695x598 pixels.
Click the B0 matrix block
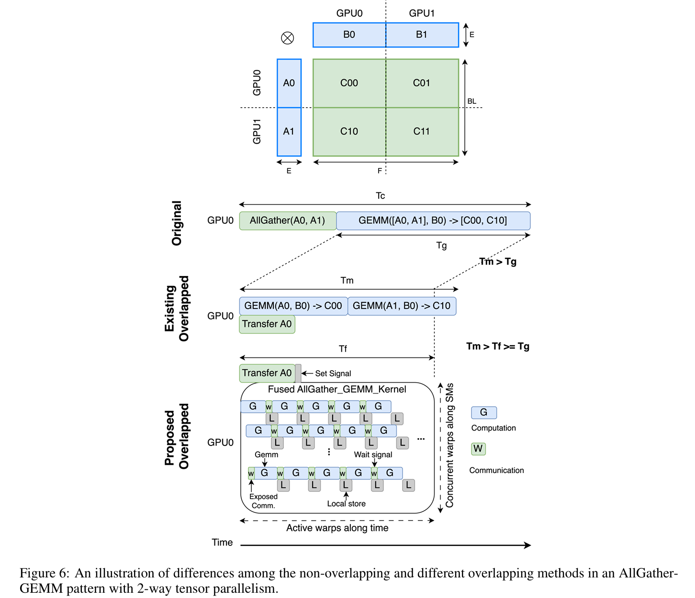point(349,34)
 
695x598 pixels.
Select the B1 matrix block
point(422,34)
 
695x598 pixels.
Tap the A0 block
point(289,83)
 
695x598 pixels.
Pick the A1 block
point(289,132)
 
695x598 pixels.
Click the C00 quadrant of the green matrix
point(349,83)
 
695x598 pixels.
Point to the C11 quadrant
point(422,132)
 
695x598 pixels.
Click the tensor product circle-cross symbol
point(288,38)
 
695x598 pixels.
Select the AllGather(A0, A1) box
point(287,221)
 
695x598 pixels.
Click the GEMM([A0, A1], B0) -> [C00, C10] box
point(433,221)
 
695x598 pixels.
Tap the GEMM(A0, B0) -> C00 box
point(293,306)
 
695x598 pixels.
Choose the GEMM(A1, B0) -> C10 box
point(402,306)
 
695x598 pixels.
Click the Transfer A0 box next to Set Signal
point(267,373)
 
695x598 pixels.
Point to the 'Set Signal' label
point(333,374)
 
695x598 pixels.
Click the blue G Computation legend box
point(483,412)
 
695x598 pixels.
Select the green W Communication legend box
point(478,449)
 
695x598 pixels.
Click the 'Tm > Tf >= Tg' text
point(498,346)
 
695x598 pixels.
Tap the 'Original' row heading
point(177,223)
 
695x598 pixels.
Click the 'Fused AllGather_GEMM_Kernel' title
point(337,389)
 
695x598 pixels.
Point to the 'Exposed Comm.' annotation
point(263,501)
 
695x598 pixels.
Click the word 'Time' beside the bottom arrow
point(222,543)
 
